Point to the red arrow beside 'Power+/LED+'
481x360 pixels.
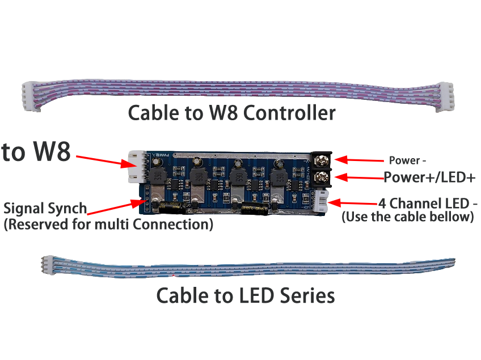tap(357, 178)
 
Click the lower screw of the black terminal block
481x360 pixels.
tap(324, 177)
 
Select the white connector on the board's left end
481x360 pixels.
tap(136, 167)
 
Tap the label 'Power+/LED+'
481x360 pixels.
tap(429, 177)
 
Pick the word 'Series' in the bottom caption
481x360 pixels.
tap(306, 295)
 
